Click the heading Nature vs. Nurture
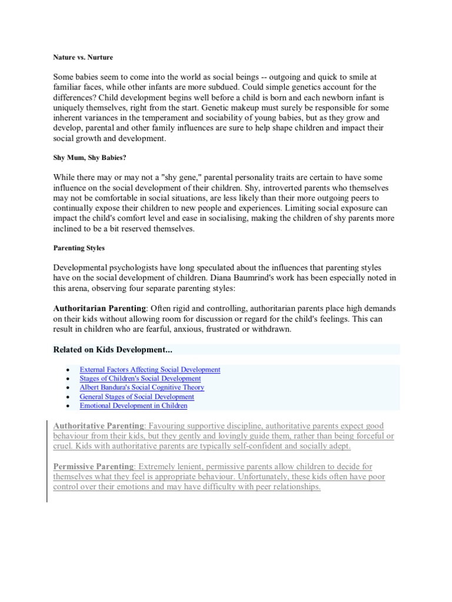pyautogui.click(x=83, y=58)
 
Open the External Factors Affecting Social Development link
pyautogui.click(x=149, y=370)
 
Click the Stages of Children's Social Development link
pyautogui.click(x=140, y=379)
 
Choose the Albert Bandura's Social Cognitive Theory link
pyautogui.click(x=142, y=387)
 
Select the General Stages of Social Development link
pyautogui.click(x=137, y=397)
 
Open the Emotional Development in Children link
pyautogui.click(x=133, y=406)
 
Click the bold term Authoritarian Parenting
pyautogui.click(x=99, y=308)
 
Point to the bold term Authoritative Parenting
pyautogui.click(x=98, y=425)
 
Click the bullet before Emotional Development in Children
pyautogui.click(x=69, y=406)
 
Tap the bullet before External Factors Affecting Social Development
pyautogui.click(x=69, y=370)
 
